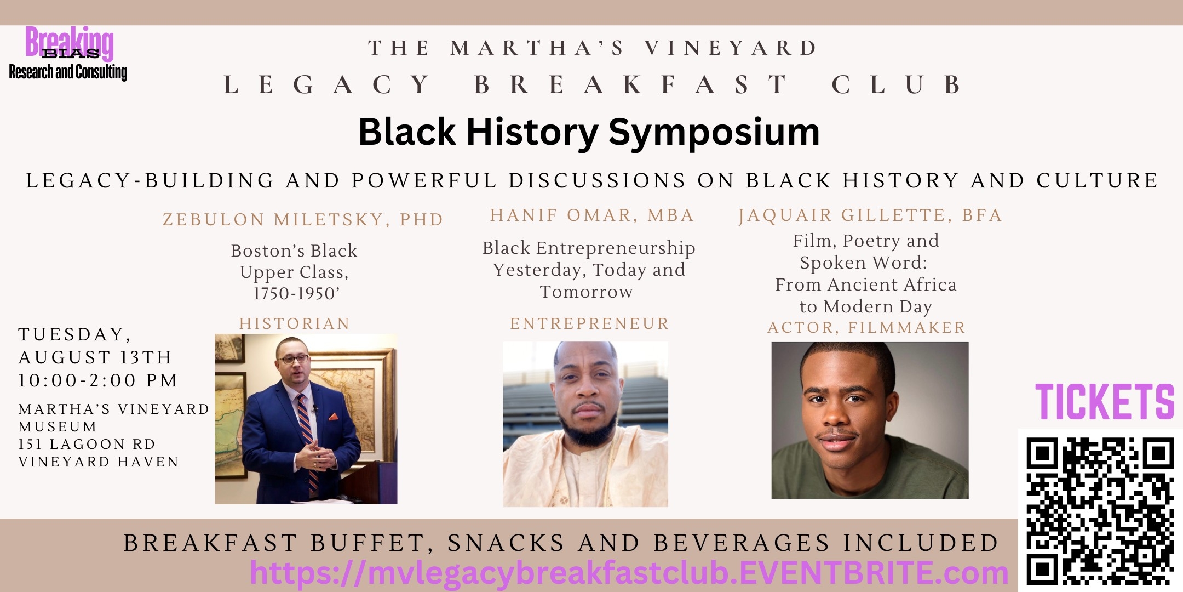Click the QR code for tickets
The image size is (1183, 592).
pos(1100,510)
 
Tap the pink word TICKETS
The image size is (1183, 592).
pos(1105,402)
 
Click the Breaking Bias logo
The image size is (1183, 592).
pos(68,54)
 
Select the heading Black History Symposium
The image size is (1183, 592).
pos(589,132)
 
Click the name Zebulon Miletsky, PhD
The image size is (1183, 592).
pos(303,219)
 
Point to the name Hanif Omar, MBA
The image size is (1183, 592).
pos(592,215)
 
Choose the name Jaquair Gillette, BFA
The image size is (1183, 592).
pos(870,215)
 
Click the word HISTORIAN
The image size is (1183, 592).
pos(295,323)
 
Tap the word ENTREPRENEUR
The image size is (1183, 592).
pos(589,323)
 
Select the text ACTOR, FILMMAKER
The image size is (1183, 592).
pos(866,327)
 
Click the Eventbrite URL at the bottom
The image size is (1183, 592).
pos(629,573)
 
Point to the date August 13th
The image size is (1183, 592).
pos(95,357)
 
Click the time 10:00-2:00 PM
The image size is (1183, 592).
pos(98,380)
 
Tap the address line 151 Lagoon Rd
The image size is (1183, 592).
pos(87,444)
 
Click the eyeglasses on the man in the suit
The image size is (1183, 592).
pos(294,360)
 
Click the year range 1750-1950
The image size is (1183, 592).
pos(294,294)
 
